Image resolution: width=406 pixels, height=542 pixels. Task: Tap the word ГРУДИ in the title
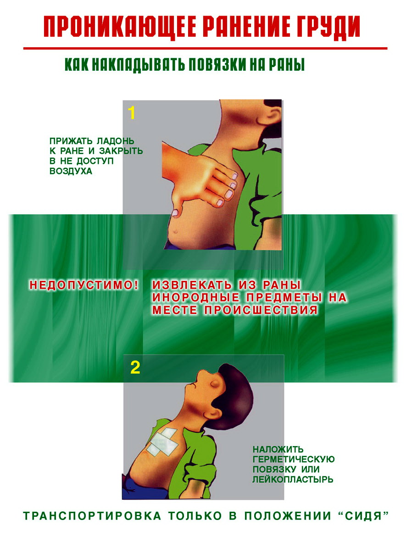[329, 26]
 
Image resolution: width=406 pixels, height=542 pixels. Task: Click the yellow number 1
[132, 113]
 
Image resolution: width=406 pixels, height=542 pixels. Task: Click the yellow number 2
[135, 368]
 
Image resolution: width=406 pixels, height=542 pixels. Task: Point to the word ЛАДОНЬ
[116, 141]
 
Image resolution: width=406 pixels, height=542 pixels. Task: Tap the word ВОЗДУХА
[71, 171]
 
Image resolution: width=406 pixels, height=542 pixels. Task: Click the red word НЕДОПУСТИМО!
[84, 285]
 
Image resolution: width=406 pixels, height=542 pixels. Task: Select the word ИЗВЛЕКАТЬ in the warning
[192, 285]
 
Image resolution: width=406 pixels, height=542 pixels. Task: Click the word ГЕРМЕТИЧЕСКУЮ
[294, 459]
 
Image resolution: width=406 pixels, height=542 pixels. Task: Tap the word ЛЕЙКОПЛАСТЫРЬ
[293, 480]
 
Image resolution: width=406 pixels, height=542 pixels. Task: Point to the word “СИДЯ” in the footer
[363, 516]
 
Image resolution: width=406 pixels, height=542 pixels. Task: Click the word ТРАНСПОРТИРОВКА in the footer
[92, 516]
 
